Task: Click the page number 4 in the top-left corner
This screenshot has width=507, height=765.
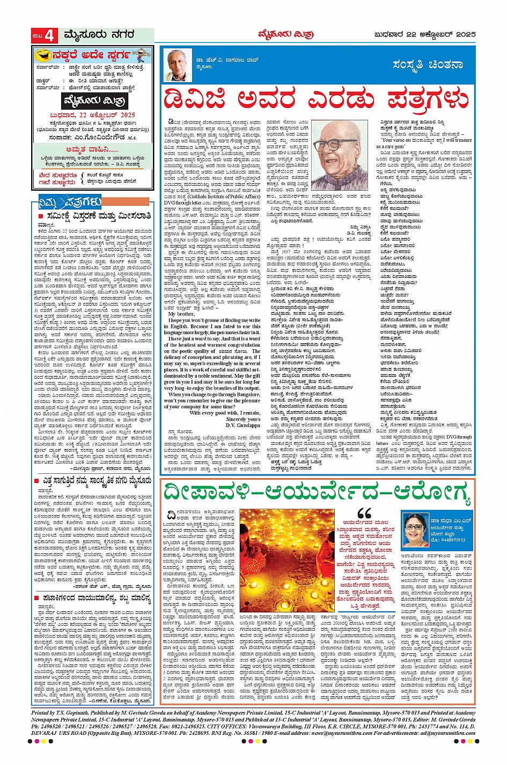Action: [x=49, y=36]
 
